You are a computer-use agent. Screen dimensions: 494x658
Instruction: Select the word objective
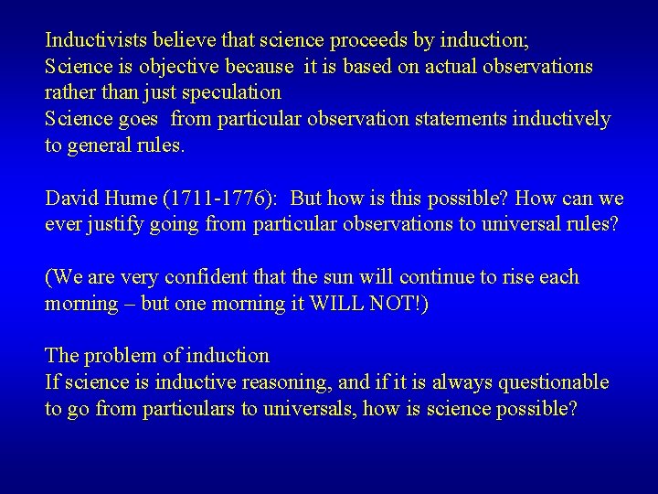(x=172, y=67)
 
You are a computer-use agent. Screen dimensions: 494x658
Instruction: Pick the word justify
(x=110, y=225)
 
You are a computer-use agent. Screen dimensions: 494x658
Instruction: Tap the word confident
(x=228, y=277)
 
